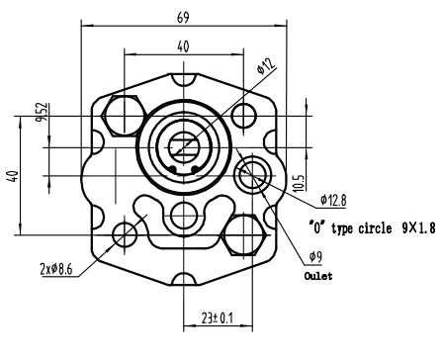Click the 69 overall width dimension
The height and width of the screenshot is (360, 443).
[183, 18]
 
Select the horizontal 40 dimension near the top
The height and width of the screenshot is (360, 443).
[183, 46]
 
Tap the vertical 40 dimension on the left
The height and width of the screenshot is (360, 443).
[13, 176]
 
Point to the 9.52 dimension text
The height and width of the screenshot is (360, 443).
[43, 112]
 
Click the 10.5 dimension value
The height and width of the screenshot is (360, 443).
[299, 183]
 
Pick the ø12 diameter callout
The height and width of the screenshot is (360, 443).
[266, 66]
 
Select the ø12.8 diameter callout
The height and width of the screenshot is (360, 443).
[333, 200]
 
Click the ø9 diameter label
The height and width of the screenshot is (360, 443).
[315, 257]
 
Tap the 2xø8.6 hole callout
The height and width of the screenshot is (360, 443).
[56, 269]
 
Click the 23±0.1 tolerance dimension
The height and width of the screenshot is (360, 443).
[218, 318]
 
